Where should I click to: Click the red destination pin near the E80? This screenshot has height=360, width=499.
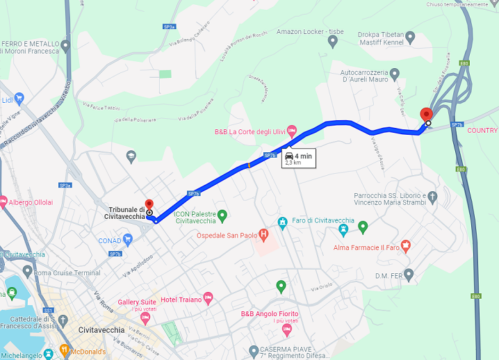click(427, 115)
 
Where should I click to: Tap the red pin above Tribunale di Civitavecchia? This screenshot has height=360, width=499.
click(149, 204)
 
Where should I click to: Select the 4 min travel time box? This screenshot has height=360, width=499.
click(297, 158)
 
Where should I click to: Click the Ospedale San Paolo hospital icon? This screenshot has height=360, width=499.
click(263, 234)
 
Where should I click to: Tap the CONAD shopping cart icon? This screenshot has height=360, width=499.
click(128, 241)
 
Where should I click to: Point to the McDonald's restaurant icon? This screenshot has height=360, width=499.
click(65, 352)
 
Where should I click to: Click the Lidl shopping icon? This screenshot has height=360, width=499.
click(19, 99)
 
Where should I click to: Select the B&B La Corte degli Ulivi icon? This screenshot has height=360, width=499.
click(292, 130)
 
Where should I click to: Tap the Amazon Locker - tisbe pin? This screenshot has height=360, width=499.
click(333, 41)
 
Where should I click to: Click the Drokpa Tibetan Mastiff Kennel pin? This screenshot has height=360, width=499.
click(410, 37)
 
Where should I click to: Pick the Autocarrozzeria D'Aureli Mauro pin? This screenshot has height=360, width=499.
click(394, 73)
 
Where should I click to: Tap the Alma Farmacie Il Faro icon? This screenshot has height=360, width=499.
click(407, 245)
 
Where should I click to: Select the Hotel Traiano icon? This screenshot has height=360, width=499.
click(207, 299)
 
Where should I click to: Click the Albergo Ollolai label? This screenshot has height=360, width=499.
click(30, 202)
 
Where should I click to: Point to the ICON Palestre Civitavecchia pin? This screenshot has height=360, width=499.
click(222, 215)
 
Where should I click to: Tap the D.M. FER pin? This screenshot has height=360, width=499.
click(409, 274)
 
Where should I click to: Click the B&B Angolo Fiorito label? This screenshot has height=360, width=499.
click(270, 314)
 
